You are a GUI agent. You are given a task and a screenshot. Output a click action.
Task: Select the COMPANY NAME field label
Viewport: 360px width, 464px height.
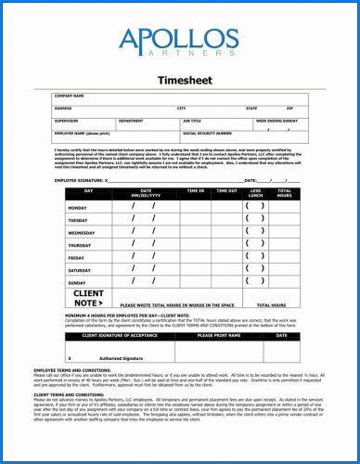(70, 97)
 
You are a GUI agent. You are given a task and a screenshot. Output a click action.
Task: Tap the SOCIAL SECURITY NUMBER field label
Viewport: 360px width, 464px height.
(212, 134)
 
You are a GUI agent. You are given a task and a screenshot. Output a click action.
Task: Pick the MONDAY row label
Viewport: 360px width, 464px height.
(78, 208)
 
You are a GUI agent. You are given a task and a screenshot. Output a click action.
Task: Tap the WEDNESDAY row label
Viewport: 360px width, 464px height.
(82, 233)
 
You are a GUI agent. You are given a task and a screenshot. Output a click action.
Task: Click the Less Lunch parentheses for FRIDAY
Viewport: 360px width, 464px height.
(255, 257)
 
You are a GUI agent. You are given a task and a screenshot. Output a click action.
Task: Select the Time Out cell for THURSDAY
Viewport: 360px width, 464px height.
(226, 245)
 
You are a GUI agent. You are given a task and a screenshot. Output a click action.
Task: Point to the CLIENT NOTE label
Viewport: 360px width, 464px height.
(87, 298)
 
